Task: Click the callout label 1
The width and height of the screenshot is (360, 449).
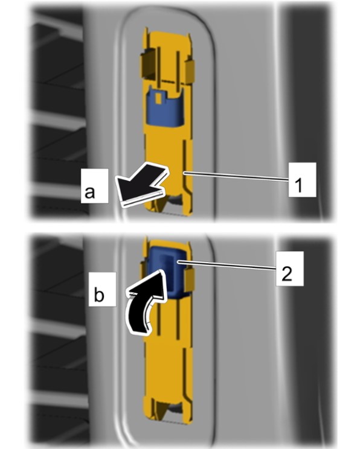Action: click(302, 180)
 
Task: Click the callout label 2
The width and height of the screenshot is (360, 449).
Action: click(289, 269)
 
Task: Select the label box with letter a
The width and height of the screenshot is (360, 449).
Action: click(95, 186)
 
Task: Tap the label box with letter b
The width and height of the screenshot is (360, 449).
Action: click(102, 289)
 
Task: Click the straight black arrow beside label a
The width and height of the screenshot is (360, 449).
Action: click(141, 185)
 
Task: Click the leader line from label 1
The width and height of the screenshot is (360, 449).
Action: click(236, 176)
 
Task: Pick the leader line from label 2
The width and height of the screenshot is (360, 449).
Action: click(227, 265)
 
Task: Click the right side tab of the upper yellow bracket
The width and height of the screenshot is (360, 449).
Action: click(190, 72)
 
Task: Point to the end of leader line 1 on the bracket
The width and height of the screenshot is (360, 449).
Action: click(184, 173)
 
